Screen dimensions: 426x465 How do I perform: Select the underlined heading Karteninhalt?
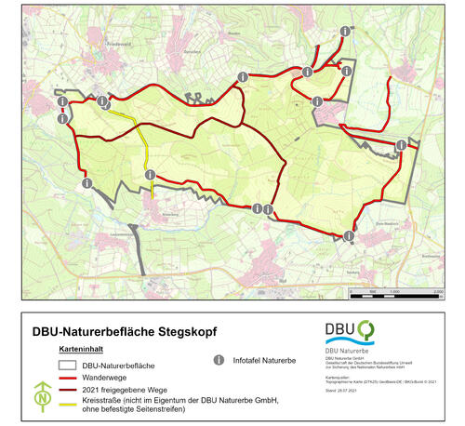coord(79,347)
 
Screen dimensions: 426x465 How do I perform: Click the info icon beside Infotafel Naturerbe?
coord(219,359)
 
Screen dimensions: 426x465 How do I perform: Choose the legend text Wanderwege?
coord(101,379)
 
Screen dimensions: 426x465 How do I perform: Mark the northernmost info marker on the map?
coord(345,32)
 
